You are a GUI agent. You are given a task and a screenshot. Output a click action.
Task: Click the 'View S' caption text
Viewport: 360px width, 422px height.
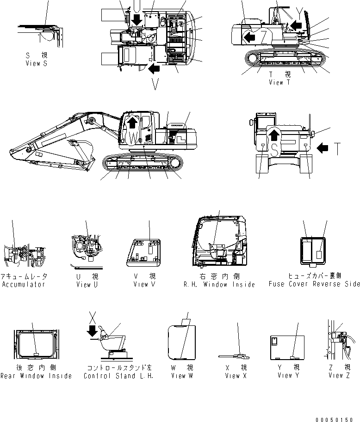(x=36, y=63)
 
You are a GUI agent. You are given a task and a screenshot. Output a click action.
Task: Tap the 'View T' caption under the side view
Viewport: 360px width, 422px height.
(x=279, y=82)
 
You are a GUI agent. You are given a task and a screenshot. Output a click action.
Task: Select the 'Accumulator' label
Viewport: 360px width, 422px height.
(x=23, y=284)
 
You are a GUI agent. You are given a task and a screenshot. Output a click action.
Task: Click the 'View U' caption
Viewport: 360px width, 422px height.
(x=87, y=285)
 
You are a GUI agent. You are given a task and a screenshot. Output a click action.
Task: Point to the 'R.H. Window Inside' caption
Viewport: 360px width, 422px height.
(x=219, y=285)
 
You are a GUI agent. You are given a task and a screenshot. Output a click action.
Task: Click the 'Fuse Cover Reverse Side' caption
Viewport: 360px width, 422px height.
(x=314, y=284)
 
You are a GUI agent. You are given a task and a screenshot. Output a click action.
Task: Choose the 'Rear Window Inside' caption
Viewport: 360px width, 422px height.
(x=36, y=376)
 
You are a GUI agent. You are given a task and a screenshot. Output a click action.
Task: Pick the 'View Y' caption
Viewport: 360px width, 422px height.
(x=288, y=375)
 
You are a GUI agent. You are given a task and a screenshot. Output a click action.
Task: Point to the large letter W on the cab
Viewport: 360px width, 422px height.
(x=133, y=138)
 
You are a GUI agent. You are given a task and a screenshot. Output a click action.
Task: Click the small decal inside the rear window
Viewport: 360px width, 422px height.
(x=36, y=354)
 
